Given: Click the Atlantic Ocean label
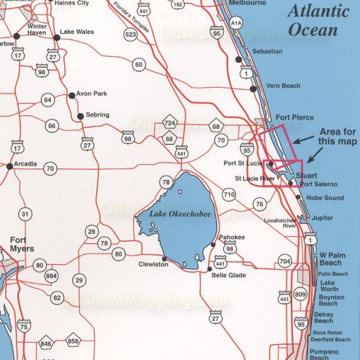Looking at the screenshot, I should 313,20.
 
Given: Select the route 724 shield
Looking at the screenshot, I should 170,125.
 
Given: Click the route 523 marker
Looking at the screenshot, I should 130,34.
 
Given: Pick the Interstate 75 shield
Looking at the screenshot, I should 24,327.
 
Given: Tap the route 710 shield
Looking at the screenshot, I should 229,194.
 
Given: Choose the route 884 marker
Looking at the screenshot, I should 50,276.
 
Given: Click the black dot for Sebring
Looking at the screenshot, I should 78,115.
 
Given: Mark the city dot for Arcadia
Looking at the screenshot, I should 9,166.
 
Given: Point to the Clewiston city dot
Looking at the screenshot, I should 165,258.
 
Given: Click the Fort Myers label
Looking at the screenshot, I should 22,246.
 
